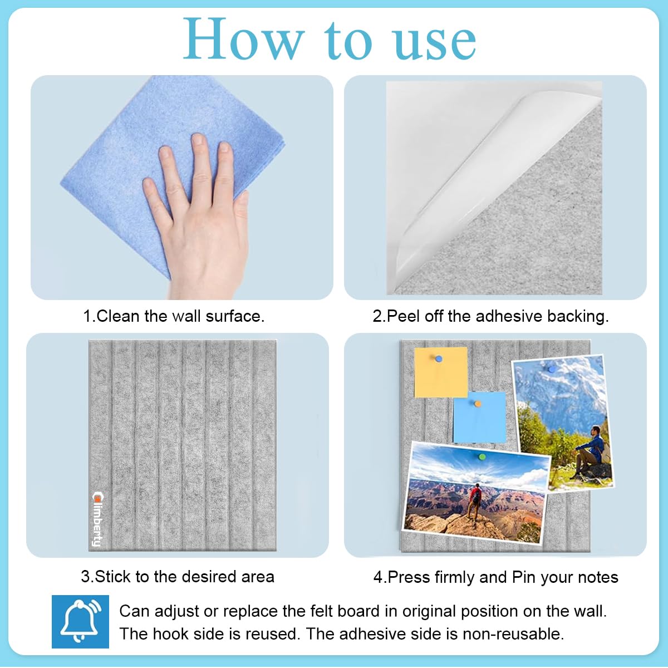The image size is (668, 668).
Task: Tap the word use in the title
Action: click(x=435, y=42)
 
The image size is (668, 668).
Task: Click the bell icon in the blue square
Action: click(x=80, y=621)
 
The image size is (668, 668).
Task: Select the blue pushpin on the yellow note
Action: click(x=439, y=359)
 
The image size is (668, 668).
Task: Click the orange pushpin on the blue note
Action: click(x=478, y=403)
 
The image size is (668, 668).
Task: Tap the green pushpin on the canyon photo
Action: click(x=482, y=457)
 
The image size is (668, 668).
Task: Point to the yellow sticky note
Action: click(x=440, y=373)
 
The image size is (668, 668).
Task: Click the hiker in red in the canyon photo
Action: click(x=475, y=500)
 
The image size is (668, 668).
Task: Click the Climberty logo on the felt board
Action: click(x=97, y=518)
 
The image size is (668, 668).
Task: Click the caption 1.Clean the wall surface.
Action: click(x=174, y=316)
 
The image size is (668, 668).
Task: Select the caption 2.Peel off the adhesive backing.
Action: click(x=490, y=316)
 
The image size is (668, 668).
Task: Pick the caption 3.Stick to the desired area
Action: click(x=178, y=576)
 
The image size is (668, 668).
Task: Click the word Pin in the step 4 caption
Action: click(x=523, y=577)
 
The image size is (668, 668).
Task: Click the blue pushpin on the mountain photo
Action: click(x=551, y=369)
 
